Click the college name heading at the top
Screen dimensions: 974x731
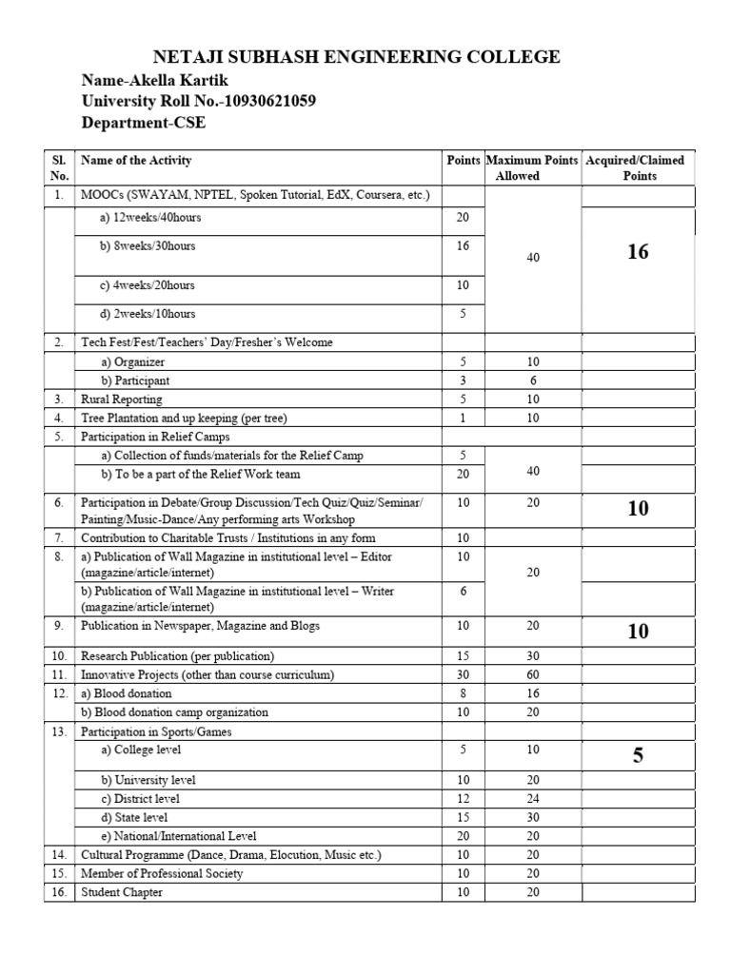pyautogui.click(x=357, y=57)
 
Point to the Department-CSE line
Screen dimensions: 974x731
pyautogui.click(x=143, y=123)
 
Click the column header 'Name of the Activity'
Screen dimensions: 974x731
pyautogui.click(x=136, y=161)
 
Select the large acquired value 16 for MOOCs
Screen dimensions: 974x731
pyautogui.click(x=638, y=252)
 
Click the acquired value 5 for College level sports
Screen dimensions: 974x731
pyautogui.click(x=638, y=757)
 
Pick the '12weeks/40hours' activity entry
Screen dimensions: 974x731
pyautogui.click(x=150, y=218)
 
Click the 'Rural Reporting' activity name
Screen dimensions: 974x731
pyautogui.click(x=122, y=399)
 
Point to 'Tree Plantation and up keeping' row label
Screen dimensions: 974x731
pyautogui.click(x=184, y=418)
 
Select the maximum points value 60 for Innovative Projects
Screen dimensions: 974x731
pyautogui.click(x=532, y=674)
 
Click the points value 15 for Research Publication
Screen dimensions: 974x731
pyautogui.click(x=463, y=656)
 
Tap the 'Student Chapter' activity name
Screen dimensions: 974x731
pyautogui.click(x=122, y=892)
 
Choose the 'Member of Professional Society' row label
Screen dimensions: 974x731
pyautogui.click(x=162, y=873)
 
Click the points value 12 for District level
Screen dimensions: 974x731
pyautogui.click(x=463, y=799)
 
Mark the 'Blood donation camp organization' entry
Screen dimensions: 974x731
pyautogui.click(x=175, y=712)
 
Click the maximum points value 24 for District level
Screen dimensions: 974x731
pyautogui.click(x=532, y=799)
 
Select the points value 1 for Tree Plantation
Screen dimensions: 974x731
pyautogui.click(x=463, y=418)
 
